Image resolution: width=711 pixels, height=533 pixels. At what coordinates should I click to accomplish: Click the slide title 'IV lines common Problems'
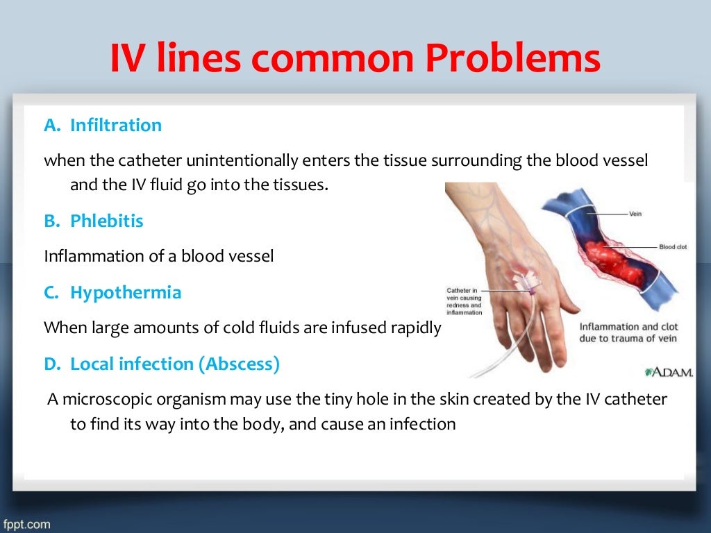(x=355, y=58)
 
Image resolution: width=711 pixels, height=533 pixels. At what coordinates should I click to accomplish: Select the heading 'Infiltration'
(x=115, y=126)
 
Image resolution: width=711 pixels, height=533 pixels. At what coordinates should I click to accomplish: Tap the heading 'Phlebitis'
(x=106, y=221)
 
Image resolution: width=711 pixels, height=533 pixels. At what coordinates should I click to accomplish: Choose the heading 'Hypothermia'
(x=125, y=293)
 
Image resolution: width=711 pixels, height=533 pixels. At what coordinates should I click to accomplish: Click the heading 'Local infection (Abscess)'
(x=174, y=364)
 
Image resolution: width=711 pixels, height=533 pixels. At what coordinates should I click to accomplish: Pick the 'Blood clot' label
(x=672, y=247)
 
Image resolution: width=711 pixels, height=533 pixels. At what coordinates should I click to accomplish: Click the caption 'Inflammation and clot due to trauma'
(x=628, y=332)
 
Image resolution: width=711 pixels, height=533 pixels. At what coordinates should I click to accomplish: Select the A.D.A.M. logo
(x=669, y=372)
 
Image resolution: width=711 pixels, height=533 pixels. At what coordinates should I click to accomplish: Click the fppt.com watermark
(x=26, y=524)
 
